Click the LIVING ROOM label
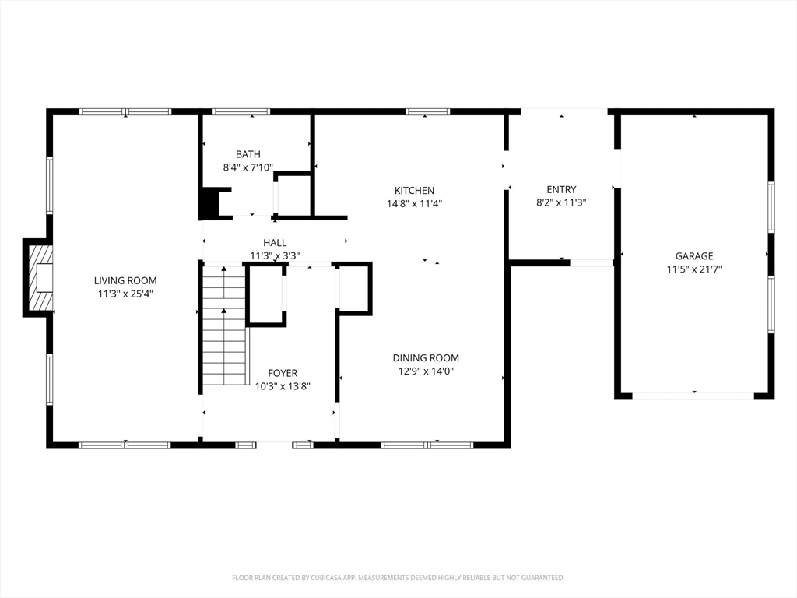click(125, 280)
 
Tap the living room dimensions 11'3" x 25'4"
click(125, 294)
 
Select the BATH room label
click(248, 154)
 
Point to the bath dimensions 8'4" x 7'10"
click(248, 167)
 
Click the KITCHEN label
click(414, 191)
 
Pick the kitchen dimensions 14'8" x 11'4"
click(414, 204)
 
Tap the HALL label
click(275, 243)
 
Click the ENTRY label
click(562, 190)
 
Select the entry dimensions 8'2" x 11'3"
click(562, 203)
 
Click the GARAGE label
click(694, 256)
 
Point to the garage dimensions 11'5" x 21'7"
click(694, 269)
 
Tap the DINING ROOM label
click(426, 358)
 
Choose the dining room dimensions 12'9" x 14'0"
click(426, 371)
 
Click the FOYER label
click(283, 373)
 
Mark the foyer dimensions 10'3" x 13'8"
click(283, 386)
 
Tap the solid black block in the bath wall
click(209, 203)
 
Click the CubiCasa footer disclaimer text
click(398, 578)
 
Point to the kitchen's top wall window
click(427, 111)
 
